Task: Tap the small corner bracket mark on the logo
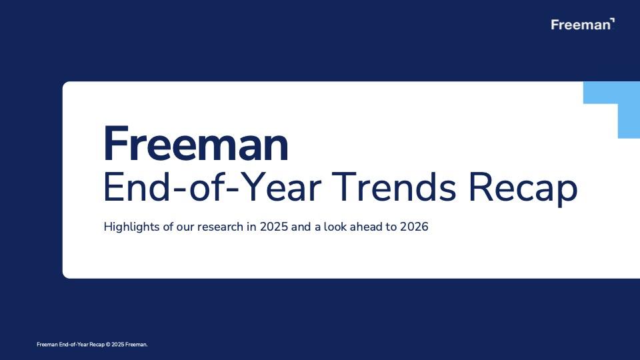pyautogui.click(x=612, y=21)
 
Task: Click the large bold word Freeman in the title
pyautogui.click(x=196, y=145)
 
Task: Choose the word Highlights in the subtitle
pyautogui.click(x=130, y=227)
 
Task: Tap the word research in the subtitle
pyautogui.click(x=221, y=227)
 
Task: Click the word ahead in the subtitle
pyautogui.click(x=366, y=227)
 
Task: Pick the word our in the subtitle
pyautogui.click(x=185, y=227)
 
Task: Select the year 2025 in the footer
pyautogui.click(x=117, y=345)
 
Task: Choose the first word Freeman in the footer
pyautogui.click(x=47, y=345)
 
